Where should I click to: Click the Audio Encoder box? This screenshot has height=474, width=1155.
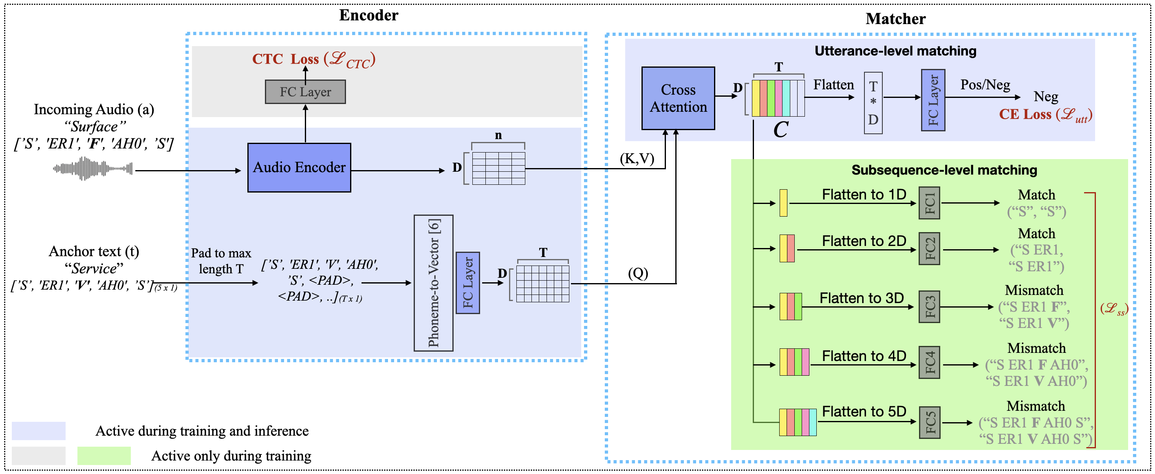point(299,167)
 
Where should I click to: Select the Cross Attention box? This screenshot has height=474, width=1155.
point(678,98)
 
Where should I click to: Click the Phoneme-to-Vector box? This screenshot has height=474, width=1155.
point(433,283)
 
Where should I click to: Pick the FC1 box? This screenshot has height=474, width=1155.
point(929,203)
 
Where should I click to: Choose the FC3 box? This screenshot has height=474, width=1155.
point(929,307)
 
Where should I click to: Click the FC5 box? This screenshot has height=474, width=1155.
point(929,422)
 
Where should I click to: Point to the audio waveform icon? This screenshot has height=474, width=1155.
point(93,169)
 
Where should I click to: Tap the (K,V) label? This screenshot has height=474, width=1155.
point(637,158)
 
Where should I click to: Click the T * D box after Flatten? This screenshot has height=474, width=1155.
point(873,103)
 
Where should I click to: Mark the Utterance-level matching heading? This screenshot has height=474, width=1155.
point(895,51)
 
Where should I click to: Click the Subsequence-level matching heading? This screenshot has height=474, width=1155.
point(944,170)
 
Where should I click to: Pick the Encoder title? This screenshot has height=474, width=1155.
point(368,15)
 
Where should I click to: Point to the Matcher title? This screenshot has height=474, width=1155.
point(895,19)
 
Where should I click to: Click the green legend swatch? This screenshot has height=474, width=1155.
point(104,456)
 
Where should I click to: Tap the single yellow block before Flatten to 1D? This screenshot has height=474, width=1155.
point(783,203)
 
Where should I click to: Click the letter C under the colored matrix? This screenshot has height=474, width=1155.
point(780,130)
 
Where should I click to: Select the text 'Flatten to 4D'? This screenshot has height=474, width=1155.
point(864,356)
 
